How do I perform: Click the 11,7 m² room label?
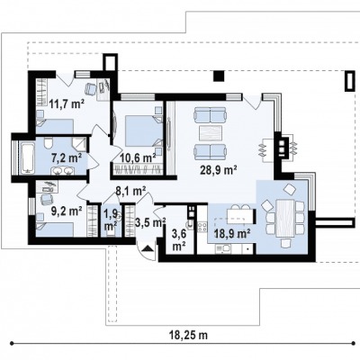click(66, 104)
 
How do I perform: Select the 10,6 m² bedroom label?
click(138, 157)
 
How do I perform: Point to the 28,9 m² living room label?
click(219, 170)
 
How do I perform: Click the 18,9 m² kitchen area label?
click(232, 233)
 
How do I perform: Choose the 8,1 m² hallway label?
click(130, 191)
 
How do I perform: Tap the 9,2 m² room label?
click(67, 211)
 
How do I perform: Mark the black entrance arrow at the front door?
click(148, 247)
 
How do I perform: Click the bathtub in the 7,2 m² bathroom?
click(27, 157)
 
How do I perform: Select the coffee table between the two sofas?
click(210, 133)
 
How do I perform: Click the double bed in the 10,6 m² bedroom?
click(142, 131)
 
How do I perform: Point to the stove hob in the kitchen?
click(202, 227)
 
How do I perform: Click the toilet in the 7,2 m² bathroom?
click(48, 143)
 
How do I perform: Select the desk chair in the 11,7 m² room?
click(91, 88)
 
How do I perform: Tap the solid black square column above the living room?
click(219, 76)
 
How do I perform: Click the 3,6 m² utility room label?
click(179, 240)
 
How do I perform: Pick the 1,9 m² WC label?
click(111, 220)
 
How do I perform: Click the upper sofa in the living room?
click(210, 114)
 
